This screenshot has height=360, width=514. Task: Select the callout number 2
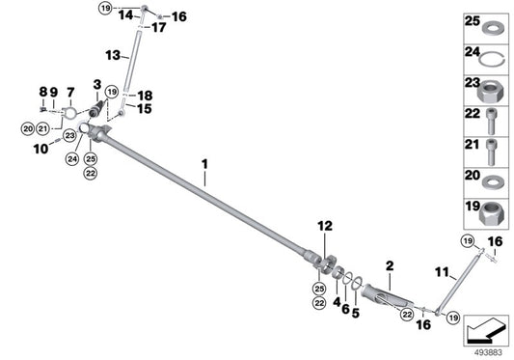tap(390, 263)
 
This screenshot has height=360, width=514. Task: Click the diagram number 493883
tap(486, 351)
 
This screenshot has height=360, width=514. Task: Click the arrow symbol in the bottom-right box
tap(486, 332)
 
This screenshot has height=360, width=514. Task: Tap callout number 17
tap(159, 27)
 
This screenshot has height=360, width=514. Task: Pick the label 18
tap(146, 96)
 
